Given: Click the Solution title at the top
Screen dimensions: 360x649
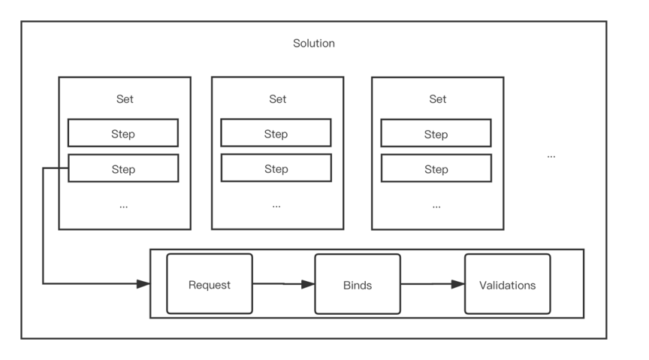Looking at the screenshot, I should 314,44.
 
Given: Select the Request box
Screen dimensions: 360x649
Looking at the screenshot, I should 210,284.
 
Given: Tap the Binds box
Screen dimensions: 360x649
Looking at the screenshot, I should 358,284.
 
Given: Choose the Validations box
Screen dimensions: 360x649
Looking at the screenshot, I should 507,284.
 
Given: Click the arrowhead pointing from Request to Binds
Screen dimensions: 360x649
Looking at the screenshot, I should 308,284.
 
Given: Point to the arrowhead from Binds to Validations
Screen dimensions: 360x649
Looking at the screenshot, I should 457,284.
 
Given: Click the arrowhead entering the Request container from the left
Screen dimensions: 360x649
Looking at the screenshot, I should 143,283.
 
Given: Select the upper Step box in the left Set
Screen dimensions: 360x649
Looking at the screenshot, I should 123,133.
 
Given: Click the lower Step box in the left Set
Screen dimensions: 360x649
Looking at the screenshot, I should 123,168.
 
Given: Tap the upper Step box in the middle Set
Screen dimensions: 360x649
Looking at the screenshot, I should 276,133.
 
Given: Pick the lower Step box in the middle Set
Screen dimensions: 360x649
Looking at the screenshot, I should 276,168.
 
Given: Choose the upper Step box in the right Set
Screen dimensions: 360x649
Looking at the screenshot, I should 436,134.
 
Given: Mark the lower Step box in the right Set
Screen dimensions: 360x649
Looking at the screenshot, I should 436,169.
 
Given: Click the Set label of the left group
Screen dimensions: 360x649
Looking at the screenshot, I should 125,99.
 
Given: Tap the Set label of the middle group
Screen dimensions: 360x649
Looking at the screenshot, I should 277,99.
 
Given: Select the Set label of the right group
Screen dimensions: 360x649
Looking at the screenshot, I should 437,99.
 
